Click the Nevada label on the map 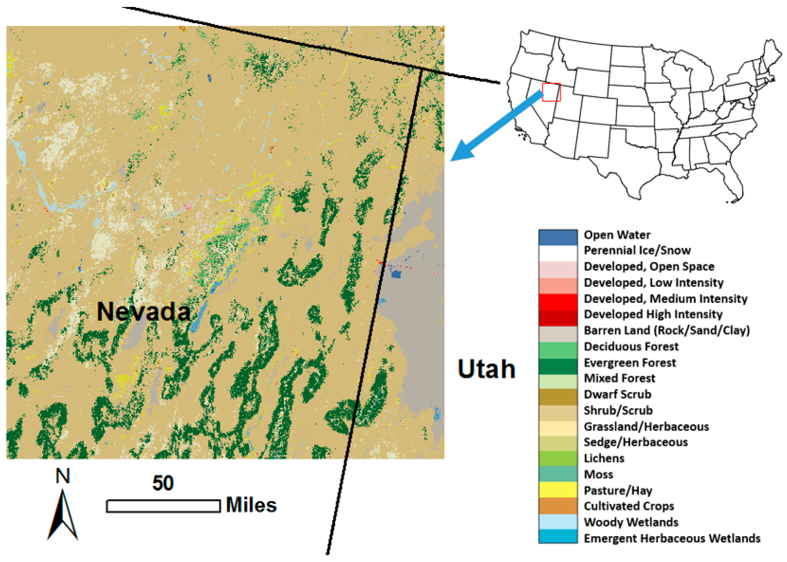[x=144, y=311]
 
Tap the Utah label [x=486, y=369]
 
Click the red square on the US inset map [x=551, y=92]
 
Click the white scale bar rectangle [x=163, y=506]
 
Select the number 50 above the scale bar [x=163, y=483]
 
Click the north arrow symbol [x=63, y=516]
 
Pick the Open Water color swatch [x=558, y=237]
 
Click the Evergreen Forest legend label [x=629, y=363]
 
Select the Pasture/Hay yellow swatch [x=558, y=490]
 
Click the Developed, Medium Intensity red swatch [x=558, y=301]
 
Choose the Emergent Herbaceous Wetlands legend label [x=672, y=538]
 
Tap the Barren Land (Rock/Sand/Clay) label [x=666, y=330]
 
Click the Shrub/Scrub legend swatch [x=558, y=412]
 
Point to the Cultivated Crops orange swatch [x=558, y=506]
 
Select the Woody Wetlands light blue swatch [x=558, y=522]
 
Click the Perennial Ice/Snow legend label [x=637, y=250]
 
